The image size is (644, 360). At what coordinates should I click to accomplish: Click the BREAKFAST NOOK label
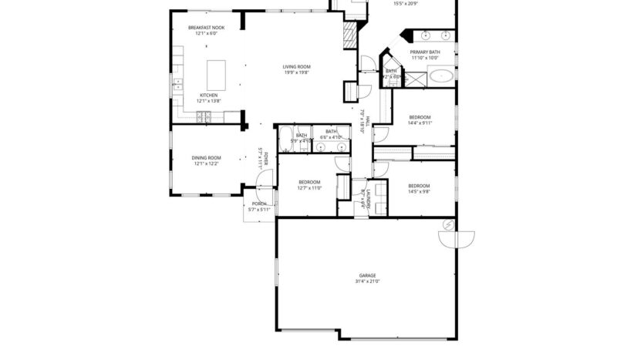tap(207, 28)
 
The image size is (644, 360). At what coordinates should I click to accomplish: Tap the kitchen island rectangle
tap(215, 74)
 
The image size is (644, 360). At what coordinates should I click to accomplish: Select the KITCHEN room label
tap(208, 95)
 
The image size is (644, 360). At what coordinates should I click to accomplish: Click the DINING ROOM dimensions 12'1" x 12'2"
tap(206, 163)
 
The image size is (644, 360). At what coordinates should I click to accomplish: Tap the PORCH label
tap(259, 204)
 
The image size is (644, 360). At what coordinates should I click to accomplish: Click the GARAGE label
tap(367, 275)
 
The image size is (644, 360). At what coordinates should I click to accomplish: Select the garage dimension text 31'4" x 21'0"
tap(367, 281)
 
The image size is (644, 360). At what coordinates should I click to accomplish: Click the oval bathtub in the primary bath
tap(442, 76)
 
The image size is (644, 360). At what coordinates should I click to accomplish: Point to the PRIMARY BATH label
tap(424, 52)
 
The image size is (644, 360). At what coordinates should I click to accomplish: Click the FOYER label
tap(265, 160)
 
